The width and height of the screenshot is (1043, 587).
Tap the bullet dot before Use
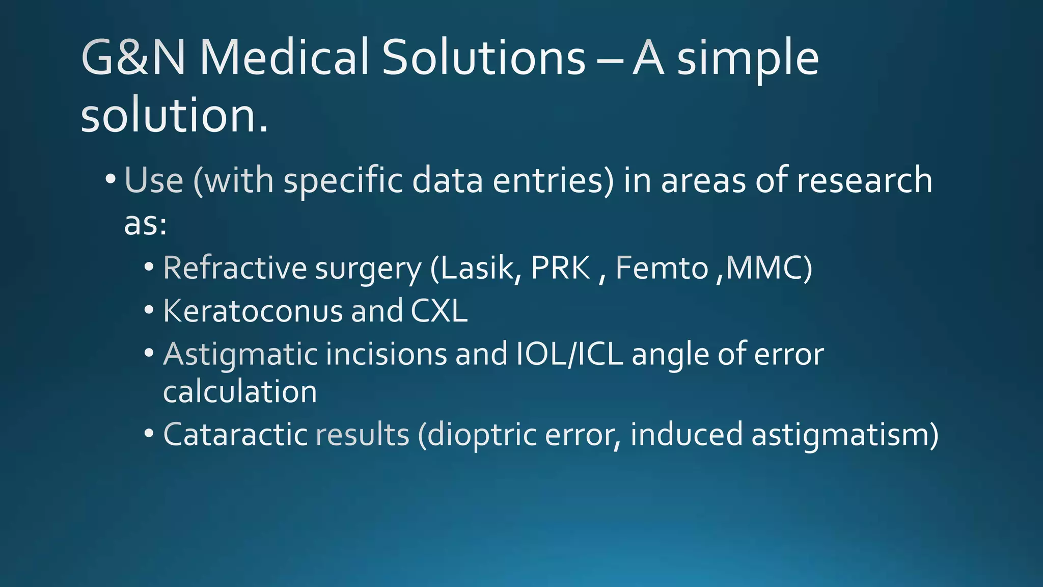coord(111,179)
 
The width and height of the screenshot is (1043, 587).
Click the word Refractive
coord(235,268)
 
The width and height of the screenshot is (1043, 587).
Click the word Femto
coord(662,268)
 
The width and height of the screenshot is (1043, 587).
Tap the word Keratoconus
coord(253,311)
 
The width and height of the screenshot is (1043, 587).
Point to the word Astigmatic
coord(240,355)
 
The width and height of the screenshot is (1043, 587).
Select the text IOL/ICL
coord(569,354)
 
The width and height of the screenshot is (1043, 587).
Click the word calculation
coord(240,392)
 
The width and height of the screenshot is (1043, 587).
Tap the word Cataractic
coord(235,435)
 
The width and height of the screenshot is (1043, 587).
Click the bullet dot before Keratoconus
coord(149,310)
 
